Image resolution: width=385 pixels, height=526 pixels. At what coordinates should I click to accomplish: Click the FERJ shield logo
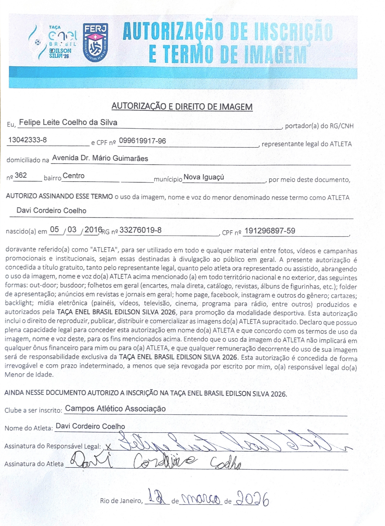(x=95, y=42)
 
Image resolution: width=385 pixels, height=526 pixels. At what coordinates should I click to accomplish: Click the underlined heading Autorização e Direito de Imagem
(x=182, y=106)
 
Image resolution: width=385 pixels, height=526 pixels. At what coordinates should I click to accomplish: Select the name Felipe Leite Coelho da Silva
(x=68, y=122)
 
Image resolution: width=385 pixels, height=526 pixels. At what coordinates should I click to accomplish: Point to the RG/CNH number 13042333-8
(x=28, y=140)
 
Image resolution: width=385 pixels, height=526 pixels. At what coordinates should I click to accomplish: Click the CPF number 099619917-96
(x=142, y=141)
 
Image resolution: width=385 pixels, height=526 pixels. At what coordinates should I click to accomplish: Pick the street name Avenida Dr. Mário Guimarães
(x=100, y=158)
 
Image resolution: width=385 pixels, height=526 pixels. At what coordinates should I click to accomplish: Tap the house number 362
(x=21, y=175)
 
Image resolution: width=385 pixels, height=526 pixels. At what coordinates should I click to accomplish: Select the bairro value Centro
(x=73, y=176)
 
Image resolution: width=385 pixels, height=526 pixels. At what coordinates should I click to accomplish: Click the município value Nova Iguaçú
(x=204, y=177)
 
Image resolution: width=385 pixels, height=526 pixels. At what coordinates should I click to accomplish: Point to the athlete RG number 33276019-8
(x=140, y=230)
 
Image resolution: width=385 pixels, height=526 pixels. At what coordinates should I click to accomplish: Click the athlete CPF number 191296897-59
(x=270, y=231)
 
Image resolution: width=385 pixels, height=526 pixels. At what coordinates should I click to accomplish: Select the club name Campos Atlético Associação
(x=115, y=409)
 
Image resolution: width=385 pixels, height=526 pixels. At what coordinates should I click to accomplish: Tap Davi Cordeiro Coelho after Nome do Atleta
(x=90, y=426)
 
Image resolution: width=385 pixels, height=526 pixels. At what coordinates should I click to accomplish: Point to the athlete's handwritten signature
(x=155, y=461)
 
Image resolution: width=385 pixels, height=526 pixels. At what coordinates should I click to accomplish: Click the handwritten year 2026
(x=252, y=499)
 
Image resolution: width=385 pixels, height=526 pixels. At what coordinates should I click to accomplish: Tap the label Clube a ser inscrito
(x=33, y=410)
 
